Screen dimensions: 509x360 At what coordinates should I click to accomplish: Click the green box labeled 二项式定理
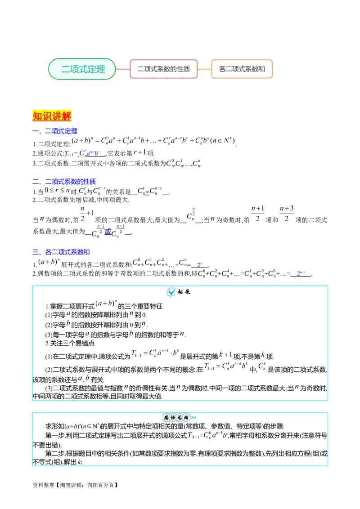[82, 69]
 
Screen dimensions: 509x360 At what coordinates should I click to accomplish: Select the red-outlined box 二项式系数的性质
[163, 69]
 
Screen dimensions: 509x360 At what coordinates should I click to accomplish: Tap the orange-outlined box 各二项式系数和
[242, 69]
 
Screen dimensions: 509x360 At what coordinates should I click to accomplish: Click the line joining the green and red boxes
[123, 69]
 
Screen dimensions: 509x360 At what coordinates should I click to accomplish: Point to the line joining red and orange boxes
[204, 69]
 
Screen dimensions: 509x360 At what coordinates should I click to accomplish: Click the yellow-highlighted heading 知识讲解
[52, 116]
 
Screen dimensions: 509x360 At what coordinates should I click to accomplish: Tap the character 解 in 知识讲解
[67, 116]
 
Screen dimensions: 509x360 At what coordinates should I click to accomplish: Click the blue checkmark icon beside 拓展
[171, 292]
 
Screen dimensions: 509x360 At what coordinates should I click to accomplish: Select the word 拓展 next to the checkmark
[184, 292]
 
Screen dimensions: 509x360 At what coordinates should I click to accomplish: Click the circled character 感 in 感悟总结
[166, 418]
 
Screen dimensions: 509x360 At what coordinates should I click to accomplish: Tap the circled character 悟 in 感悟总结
[173, 418]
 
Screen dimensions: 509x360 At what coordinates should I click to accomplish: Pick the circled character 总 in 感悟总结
[180, 418]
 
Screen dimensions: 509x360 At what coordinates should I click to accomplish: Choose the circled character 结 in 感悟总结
[186, 418]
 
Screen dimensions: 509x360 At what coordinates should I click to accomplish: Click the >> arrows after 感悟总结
[193, 418]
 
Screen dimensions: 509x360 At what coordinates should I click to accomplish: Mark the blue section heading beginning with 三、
[61, 252]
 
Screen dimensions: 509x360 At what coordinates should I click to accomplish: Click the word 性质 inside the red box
[184, 69]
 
